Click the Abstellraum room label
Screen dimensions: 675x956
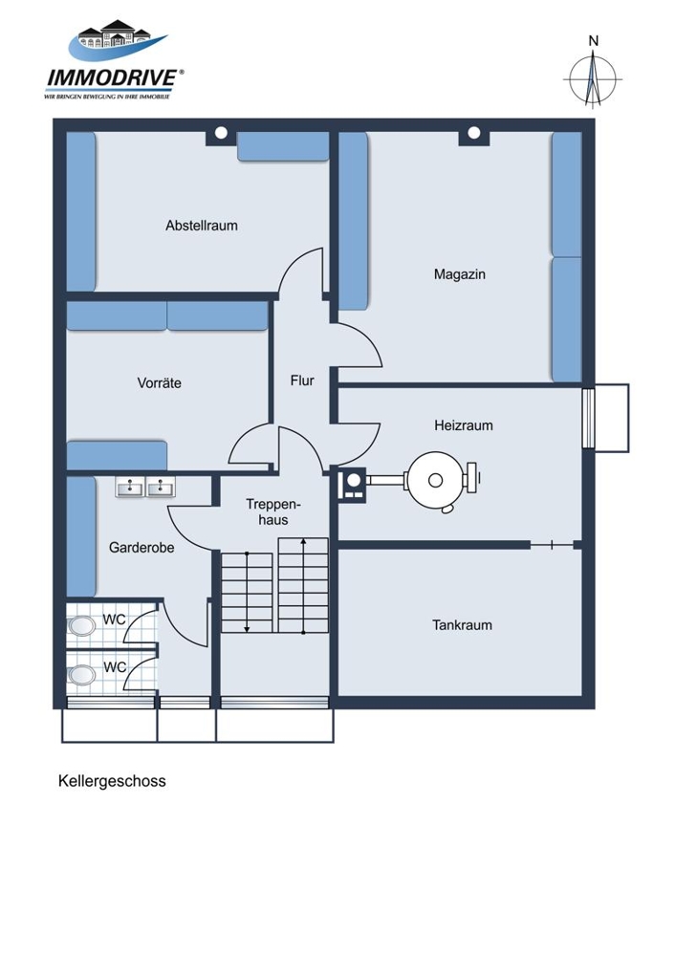[201, 226]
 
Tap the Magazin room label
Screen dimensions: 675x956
[460, 274]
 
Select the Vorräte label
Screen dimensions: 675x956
[159, 383]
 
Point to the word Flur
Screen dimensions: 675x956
[302, 380]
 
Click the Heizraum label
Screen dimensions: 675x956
[464, 425]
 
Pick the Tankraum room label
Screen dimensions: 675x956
[462, 625]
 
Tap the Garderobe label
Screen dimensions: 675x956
[142, 548]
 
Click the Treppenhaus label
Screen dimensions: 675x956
[273, 512]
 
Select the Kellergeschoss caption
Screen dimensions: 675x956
[112, 781]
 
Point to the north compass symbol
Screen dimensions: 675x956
[593, 79]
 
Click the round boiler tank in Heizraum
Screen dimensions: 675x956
[435, 481]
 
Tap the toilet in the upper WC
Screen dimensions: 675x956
[81, 626]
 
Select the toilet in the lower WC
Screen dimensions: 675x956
[81, 675]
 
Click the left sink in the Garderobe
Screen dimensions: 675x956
[130, 487]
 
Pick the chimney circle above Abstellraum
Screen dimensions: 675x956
[222, 132]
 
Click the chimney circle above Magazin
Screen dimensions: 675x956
[474, 132]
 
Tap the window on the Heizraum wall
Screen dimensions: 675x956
[588, 418]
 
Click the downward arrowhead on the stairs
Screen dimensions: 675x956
[247, 628]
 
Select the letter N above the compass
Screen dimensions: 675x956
[594, 41]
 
